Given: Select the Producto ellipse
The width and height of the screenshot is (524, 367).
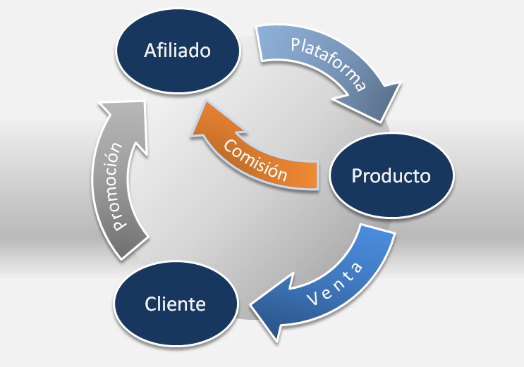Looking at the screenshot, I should [391, 175].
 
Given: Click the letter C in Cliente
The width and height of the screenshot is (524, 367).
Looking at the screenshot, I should [151, 304].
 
